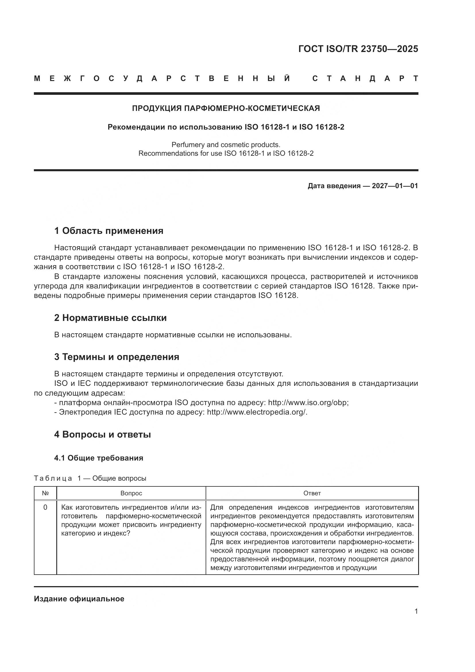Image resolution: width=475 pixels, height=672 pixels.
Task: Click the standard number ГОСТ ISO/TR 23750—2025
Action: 358,49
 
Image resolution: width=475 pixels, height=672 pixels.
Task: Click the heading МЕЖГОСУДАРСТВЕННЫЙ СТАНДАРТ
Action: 226,79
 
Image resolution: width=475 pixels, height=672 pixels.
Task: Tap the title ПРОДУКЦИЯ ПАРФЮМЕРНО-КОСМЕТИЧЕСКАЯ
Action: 226,108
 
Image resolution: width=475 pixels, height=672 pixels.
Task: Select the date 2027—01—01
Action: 395,186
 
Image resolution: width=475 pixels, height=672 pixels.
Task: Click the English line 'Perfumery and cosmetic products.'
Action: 226,145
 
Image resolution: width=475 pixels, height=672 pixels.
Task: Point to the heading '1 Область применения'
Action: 109,231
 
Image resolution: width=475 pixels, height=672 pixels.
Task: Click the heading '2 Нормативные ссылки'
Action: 110,318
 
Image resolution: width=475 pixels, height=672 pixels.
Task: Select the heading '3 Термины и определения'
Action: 116,357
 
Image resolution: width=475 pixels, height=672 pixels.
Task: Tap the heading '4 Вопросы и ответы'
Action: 102,435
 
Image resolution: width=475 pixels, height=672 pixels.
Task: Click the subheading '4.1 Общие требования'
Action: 99,458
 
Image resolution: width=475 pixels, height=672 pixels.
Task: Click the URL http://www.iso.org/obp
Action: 308,403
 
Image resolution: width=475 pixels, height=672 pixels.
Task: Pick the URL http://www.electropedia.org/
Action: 257,412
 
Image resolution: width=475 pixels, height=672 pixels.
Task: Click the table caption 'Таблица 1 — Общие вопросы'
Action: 90,478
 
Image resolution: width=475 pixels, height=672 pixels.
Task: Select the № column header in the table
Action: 45,493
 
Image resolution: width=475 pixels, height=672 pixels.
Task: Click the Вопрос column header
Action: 131,493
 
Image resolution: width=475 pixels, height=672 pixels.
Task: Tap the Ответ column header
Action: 312,493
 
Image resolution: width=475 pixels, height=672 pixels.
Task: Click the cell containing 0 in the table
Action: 45,507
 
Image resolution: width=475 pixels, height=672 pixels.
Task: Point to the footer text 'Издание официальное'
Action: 79,599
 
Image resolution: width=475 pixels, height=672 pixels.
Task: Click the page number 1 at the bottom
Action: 416,611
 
